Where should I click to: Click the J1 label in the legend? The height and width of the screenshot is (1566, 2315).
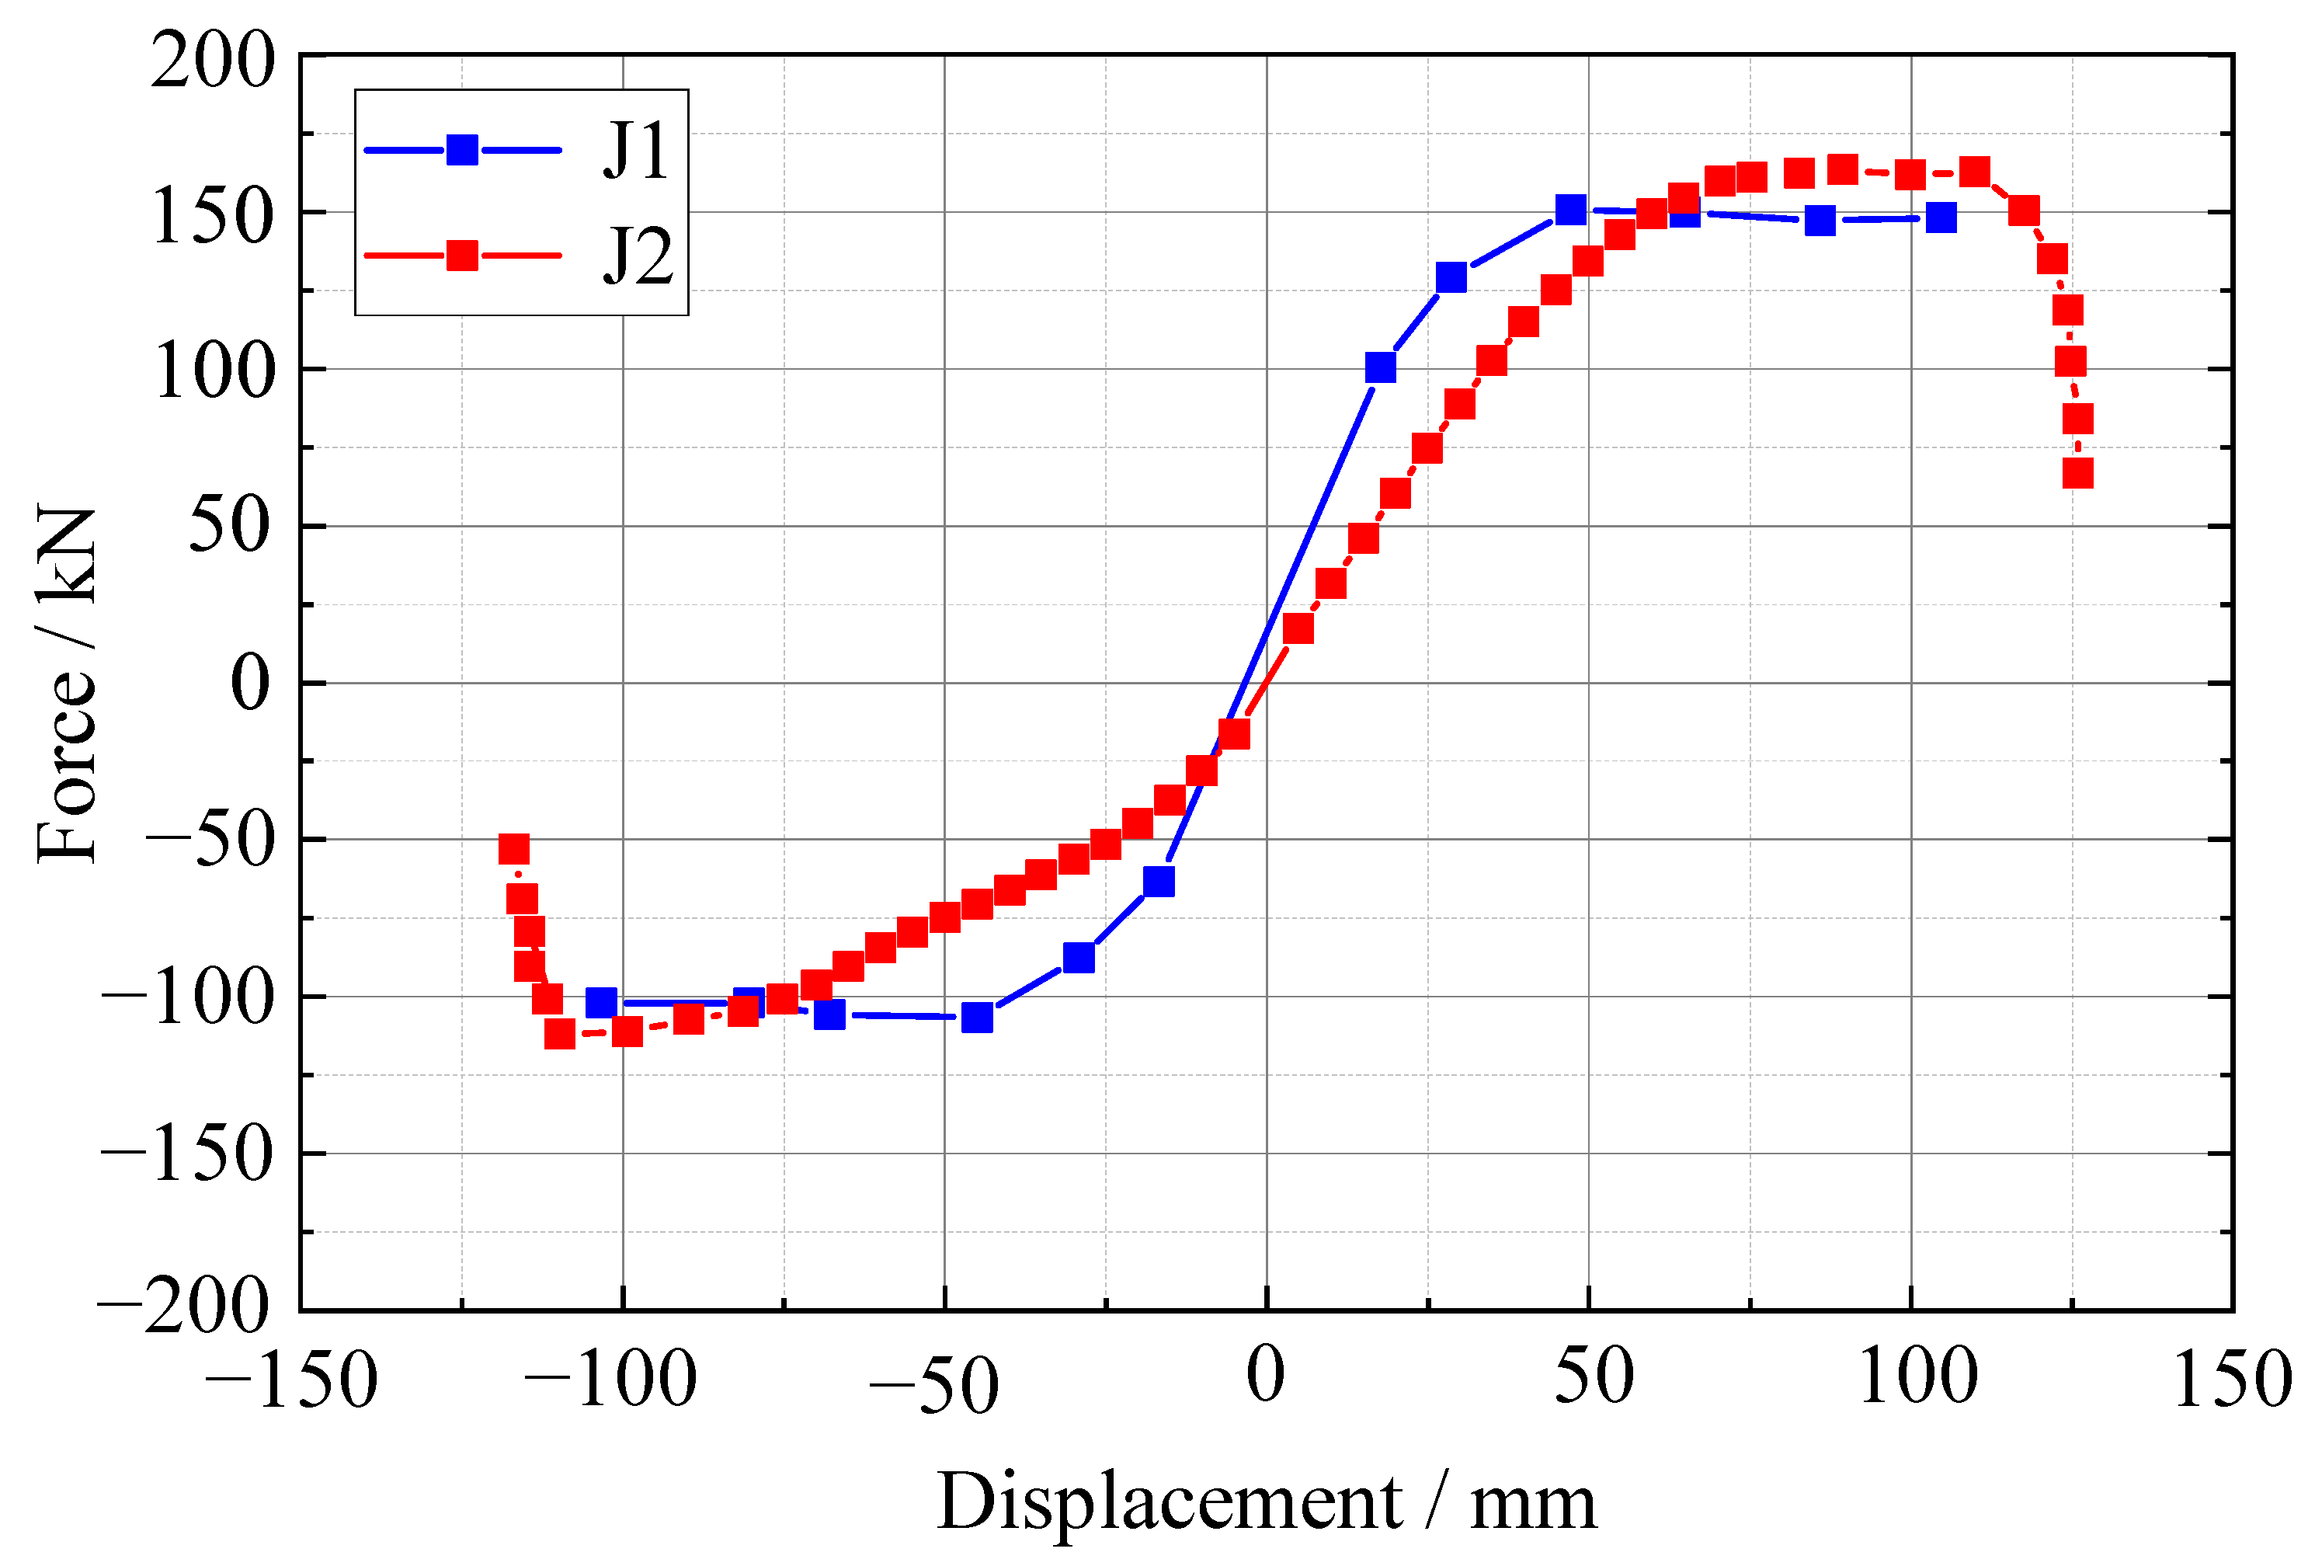pos(634,151)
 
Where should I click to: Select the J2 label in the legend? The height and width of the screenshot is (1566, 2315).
pos(638,256)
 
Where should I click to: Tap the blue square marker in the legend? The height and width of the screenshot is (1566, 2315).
pos(462,151)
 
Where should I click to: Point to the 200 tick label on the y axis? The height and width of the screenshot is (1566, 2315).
pos(212,60)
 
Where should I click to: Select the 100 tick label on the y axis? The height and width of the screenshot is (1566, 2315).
pos(213,371)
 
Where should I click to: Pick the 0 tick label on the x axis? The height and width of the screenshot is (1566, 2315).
pos(1265,1376)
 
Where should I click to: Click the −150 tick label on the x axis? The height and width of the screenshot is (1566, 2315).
pos(291,1380)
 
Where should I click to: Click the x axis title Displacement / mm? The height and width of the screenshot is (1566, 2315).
pos(1266,1500)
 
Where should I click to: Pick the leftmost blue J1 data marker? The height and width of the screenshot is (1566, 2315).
pos(600,1002)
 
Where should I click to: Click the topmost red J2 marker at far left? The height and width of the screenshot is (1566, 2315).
pos(513,849)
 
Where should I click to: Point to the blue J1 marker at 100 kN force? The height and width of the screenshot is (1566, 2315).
pos(1380,367)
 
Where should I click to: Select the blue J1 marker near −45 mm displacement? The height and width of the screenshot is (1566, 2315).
pos(977,1017)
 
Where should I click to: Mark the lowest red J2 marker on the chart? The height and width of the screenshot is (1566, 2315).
pos(560,1034)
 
